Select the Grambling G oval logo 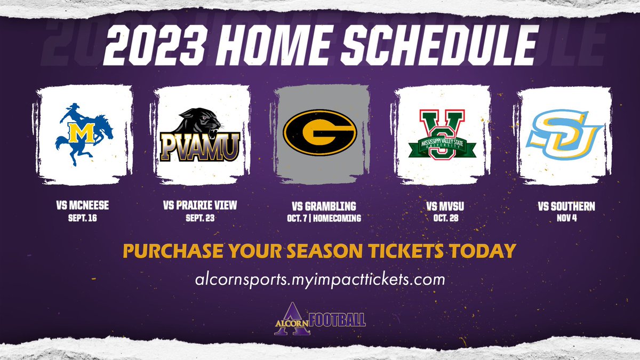321,130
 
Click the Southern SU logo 564,130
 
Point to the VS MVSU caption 442,206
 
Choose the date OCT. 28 442,217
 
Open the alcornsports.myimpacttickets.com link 320,278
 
